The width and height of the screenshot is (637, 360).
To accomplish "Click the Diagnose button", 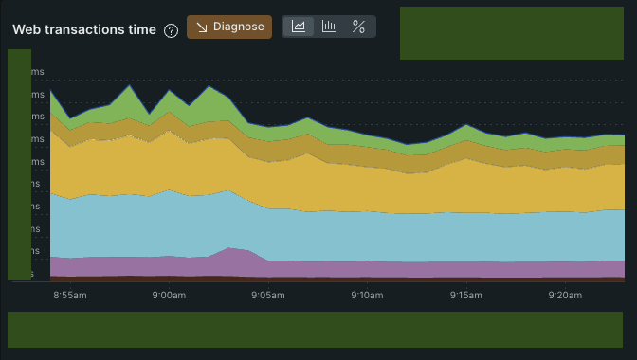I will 229,27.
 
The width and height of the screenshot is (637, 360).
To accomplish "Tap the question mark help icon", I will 171,30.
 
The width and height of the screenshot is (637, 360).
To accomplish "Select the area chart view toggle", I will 298,27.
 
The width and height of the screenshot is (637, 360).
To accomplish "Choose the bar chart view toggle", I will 329,27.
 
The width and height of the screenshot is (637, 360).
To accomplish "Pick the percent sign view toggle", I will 358,27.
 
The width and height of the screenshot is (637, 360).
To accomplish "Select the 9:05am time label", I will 267,296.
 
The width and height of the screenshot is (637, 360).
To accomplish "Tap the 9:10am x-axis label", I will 366,296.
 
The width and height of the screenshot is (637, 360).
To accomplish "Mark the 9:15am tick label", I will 465,296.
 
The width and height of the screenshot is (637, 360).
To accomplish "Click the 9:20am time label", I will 565,296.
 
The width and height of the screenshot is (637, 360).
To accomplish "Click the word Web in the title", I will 27,29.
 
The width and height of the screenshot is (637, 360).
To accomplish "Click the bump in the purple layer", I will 232,256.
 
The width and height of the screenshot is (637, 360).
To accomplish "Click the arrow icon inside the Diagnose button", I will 202,27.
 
